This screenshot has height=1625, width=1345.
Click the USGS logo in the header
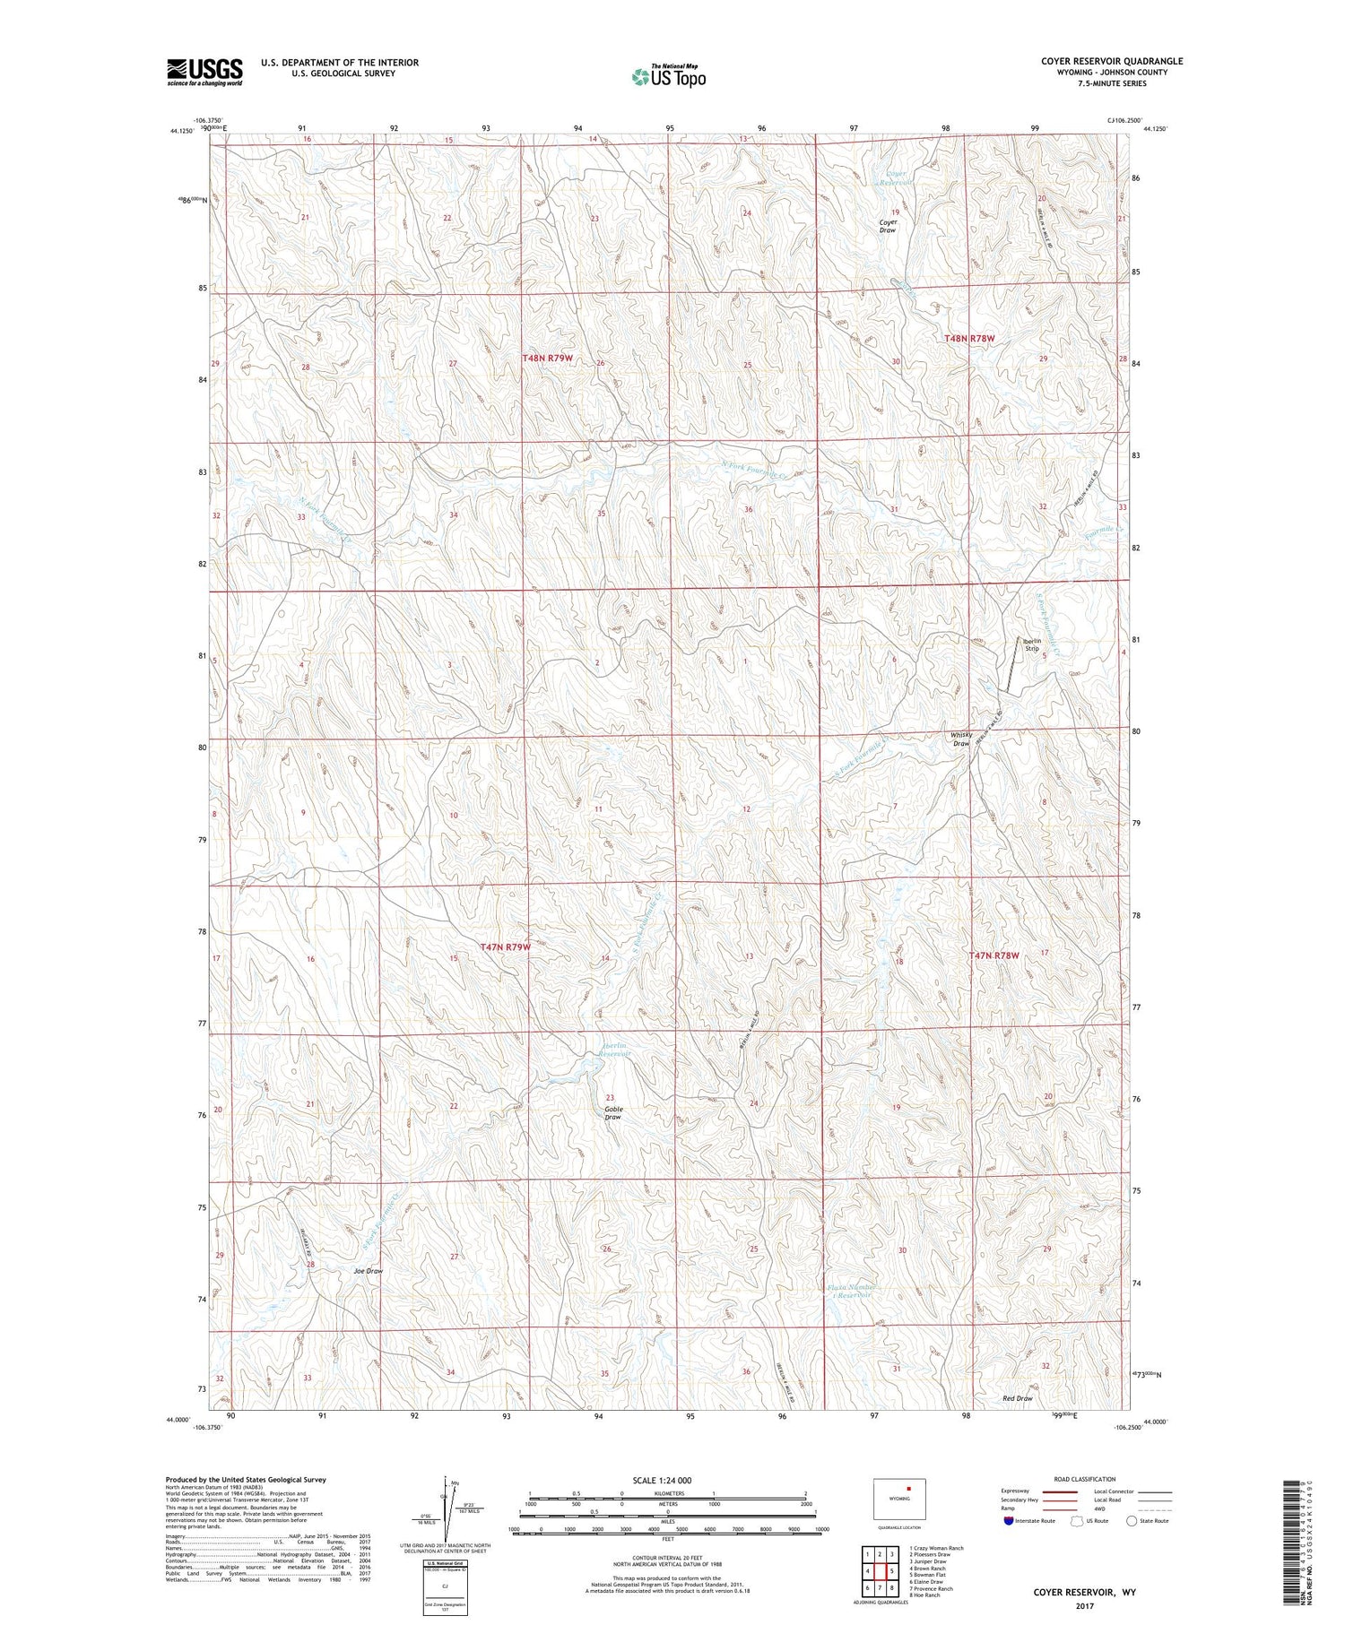204,72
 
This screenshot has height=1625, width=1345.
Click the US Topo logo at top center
668,77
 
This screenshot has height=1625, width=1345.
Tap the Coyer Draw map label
887,226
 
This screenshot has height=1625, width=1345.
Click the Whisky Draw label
960,739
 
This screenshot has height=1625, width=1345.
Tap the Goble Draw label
612,1113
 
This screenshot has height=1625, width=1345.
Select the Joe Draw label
368,1271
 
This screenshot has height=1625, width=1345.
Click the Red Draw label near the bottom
1017,1398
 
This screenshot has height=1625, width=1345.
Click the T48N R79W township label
547,358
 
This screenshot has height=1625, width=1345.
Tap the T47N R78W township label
994,955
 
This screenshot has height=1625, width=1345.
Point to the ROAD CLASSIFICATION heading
1085,1479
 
